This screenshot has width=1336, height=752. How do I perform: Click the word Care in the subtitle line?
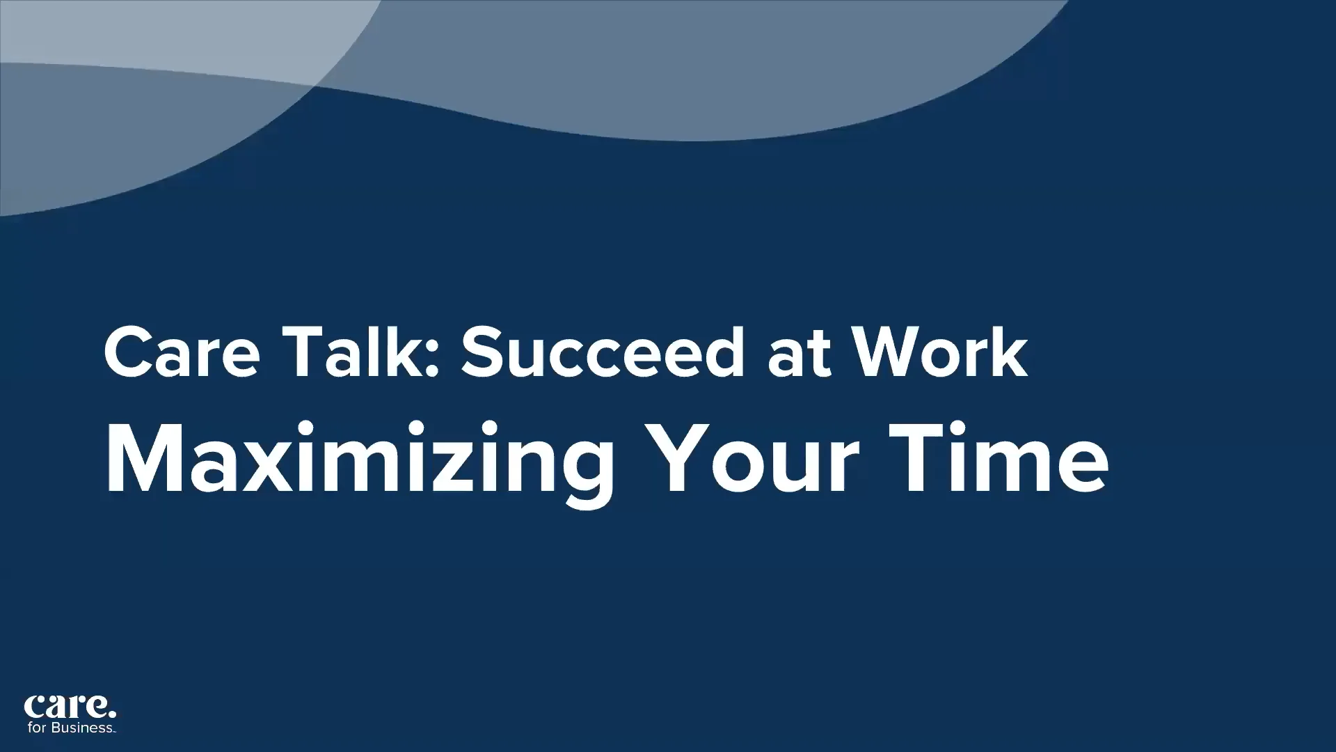tap(182, 353)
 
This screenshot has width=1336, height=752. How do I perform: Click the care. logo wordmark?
tap(70, 707)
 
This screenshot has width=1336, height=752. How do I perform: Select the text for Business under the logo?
tap(71, 728)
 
